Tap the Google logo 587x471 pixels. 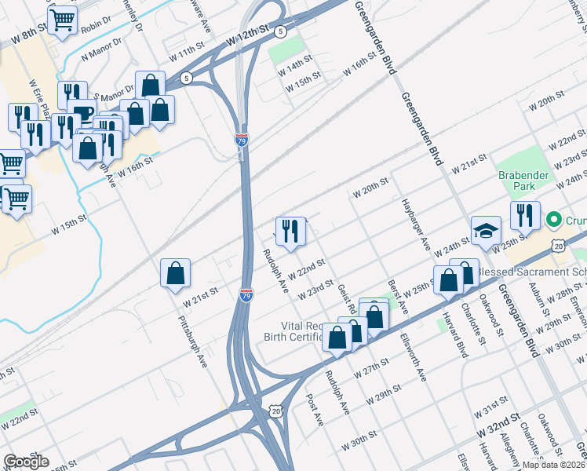(x=27, y=462)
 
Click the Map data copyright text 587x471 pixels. (x=553, y=465)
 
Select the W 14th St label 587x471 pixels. (x=295, y=68)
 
